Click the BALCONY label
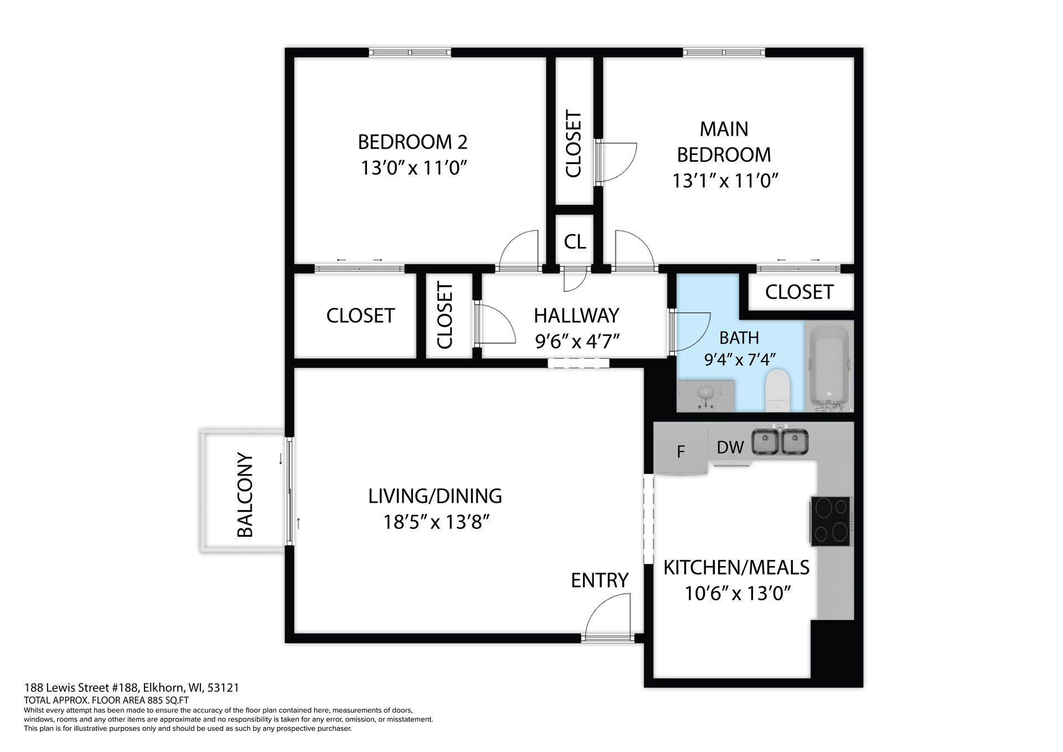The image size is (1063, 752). click(x=245, y=495)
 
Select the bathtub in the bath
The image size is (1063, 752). click(x=829, y=368)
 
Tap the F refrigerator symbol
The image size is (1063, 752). click(x=680, y=452)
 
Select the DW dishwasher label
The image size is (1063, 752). click(x=730, y=447)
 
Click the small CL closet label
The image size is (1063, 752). click(x=575, y=241)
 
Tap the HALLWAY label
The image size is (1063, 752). click(x=576, y=316)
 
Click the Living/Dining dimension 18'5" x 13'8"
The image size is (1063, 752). click(x=435, y=522)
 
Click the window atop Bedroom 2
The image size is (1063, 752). click(x=410, y=53)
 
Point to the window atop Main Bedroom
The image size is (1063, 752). click(x=724, y=53)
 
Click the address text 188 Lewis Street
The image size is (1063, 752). click(x=131, y=688)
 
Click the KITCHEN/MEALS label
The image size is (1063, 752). click(x=736, y=568)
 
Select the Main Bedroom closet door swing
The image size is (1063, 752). click(x=617, y=162)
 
